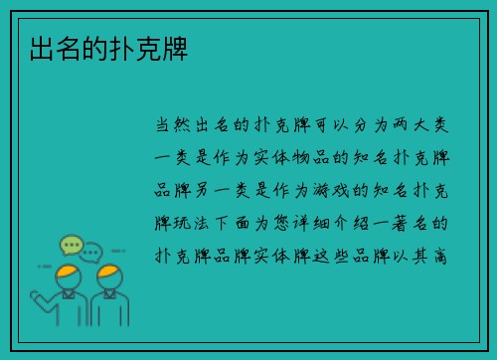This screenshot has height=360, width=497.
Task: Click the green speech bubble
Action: [70, 244]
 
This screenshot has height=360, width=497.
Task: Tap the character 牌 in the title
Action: [181, 48]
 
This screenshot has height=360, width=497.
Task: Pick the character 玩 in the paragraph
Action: [189, 222]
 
